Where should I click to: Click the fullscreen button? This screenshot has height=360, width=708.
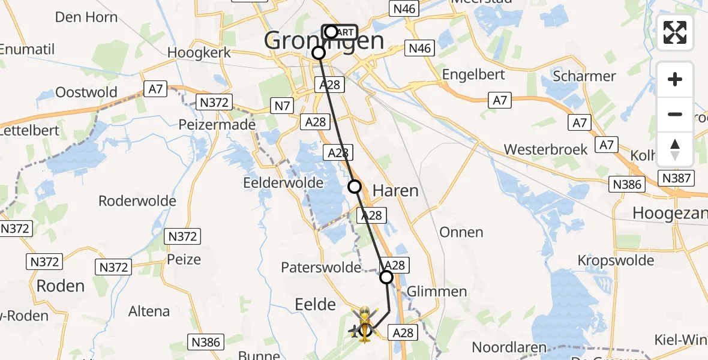(675, 32)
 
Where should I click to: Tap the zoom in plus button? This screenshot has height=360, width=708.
(675, 79)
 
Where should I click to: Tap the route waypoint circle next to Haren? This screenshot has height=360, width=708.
(355, 187)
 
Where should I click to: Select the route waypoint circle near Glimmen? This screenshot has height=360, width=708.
(386, 277)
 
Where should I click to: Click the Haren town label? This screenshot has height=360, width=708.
(395, 191)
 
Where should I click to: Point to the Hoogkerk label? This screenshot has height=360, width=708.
(199, 53)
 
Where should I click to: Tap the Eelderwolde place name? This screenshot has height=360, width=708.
(283, 182)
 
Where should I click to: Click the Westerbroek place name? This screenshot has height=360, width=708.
(545, 149)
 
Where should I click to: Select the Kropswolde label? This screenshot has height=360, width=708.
(616, 260)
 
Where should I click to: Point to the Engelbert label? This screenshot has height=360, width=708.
(473, 74)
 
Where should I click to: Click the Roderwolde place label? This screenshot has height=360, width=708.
(137, 200)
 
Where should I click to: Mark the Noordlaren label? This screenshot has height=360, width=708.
(509, 347)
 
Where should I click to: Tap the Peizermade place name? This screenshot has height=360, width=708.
(217, 125)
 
